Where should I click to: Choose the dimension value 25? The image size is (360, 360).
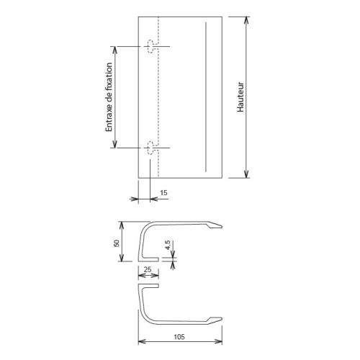click(x=147, y=269)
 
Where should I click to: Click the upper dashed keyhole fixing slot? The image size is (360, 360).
click(x=152, y=47)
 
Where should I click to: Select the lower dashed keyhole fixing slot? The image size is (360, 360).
click(x=152, y=148)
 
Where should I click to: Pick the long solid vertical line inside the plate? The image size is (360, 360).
click(x=205, y=96)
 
